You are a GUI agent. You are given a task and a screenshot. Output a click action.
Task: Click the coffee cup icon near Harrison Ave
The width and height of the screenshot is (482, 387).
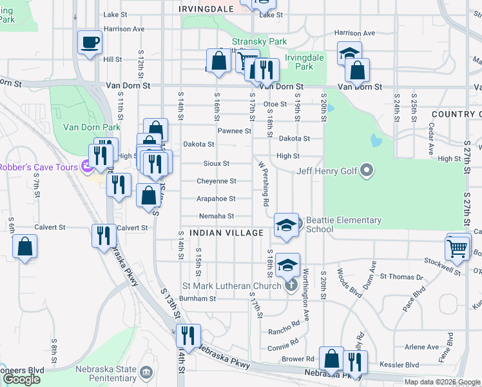coord(90,43)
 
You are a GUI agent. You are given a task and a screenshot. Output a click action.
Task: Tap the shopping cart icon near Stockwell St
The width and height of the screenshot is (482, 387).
coord(458,247)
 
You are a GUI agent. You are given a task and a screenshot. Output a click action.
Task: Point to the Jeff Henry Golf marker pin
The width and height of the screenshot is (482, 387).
coord(367,171)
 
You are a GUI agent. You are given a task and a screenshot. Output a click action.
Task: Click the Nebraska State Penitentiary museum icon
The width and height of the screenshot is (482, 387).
coord(146,372)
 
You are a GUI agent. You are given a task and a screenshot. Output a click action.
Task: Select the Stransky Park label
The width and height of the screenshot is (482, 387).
coord(260,41)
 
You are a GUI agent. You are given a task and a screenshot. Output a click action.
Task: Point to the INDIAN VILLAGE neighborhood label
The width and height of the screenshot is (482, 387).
coord(226,232)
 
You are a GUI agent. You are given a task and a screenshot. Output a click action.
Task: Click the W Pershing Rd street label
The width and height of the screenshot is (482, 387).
coord(264,184)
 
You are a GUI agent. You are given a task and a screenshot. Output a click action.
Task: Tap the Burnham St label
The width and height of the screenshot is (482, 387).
coord(197,299)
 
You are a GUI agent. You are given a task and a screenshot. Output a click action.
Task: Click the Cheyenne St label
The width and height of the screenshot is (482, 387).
coord(216,181)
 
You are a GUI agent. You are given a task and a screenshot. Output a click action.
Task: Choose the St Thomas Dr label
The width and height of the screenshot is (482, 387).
coord(401,277)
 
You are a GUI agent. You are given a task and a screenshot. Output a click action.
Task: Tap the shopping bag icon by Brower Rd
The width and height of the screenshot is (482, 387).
coord(331,359)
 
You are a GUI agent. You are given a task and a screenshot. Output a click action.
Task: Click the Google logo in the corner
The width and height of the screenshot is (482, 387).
coord(22,379)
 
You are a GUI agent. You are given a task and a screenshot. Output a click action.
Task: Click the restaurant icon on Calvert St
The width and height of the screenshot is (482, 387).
coord(103,235)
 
